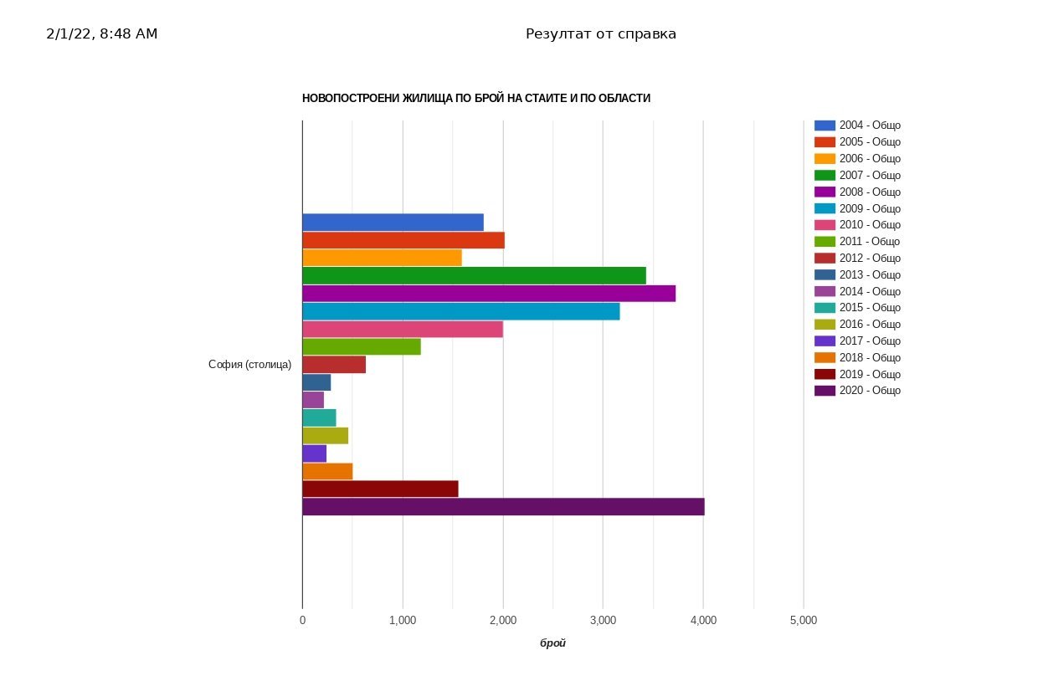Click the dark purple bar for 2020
[x=502, y=507]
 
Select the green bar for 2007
[x=474, y=275]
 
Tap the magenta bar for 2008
[x=488, y=294]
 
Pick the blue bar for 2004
[x=393, y=223]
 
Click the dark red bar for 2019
[x=380, y=489]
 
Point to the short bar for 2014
[x=313, y=400]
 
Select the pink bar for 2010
[x=403, y=329]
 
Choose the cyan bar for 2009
[x=460, y=311]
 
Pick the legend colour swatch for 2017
[x=825, y=341]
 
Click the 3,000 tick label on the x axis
[x=603, y=620]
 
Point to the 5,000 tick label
[x=803, y=620]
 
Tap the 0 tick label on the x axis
[x=302, y=620]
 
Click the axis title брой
[x=552, y=643]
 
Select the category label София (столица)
[x=249, y=365]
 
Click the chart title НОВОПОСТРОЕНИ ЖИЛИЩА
[x=475, y=99]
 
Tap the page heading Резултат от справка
[x=600, y=34]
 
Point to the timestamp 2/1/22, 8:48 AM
[x=101, y=34]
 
